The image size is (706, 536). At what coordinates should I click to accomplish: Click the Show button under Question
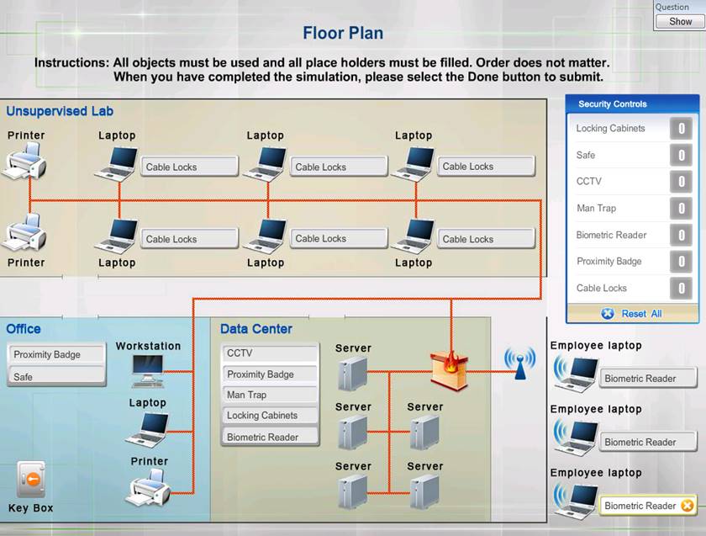click(680, 22)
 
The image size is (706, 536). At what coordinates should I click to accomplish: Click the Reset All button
click(632, 314)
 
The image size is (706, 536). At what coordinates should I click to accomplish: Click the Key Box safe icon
click(31, 480)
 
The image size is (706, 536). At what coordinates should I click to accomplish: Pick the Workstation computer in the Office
click(148, 369)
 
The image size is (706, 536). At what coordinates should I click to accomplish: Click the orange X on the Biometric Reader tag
click(688, 506)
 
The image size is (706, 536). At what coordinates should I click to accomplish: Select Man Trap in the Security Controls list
click(597, 209)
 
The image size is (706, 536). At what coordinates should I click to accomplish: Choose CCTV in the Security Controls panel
click(589, 182)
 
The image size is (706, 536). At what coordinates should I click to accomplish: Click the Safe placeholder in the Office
click(57, 377)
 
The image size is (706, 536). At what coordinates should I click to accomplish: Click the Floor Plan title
click(343, 34)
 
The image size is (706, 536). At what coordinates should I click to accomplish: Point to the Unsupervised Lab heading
click(60, 111)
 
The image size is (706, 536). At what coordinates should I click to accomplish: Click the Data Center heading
click(256, 329)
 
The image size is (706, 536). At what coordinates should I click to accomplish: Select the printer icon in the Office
click(149, 487)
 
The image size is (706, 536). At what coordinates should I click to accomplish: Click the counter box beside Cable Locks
click(681, 289)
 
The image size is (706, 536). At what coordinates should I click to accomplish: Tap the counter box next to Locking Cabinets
click(681, 129)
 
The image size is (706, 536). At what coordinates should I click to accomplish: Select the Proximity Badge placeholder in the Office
click(57, 355)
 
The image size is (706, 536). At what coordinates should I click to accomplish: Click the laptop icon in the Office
click(147, 428)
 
